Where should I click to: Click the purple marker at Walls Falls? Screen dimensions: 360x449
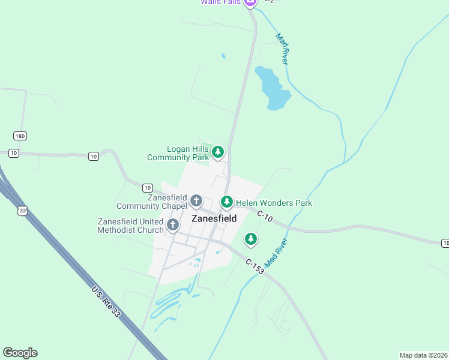point(251,2)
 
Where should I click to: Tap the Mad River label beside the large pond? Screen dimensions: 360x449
point(283,49)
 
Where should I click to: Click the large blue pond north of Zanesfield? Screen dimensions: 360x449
point(272,88)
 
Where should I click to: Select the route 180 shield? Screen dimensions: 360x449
point(20,136)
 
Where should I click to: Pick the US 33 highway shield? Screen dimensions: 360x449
point(23,211)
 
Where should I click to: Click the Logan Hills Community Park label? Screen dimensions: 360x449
point(178,153)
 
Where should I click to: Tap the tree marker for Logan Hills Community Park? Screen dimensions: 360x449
point(218,152)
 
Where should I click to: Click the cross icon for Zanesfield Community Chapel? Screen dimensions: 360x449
point(196,200)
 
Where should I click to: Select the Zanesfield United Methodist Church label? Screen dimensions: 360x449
point(130,226)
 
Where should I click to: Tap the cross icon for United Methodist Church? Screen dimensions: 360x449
point(173,225)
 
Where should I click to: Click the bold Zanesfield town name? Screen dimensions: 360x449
point(214,219)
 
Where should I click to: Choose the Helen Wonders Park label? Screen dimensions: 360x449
point(274,203)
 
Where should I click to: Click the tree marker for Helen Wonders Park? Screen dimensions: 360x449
point(226,202)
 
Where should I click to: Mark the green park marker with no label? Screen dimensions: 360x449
point(251,239)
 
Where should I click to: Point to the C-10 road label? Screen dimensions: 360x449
point(265,217)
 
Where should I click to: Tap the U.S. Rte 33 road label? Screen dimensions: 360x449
point(107,307)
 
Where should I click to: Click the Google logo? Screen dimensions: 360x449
point(20,353)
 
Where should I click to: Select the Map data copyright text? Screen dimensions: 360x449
point(423,355)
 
